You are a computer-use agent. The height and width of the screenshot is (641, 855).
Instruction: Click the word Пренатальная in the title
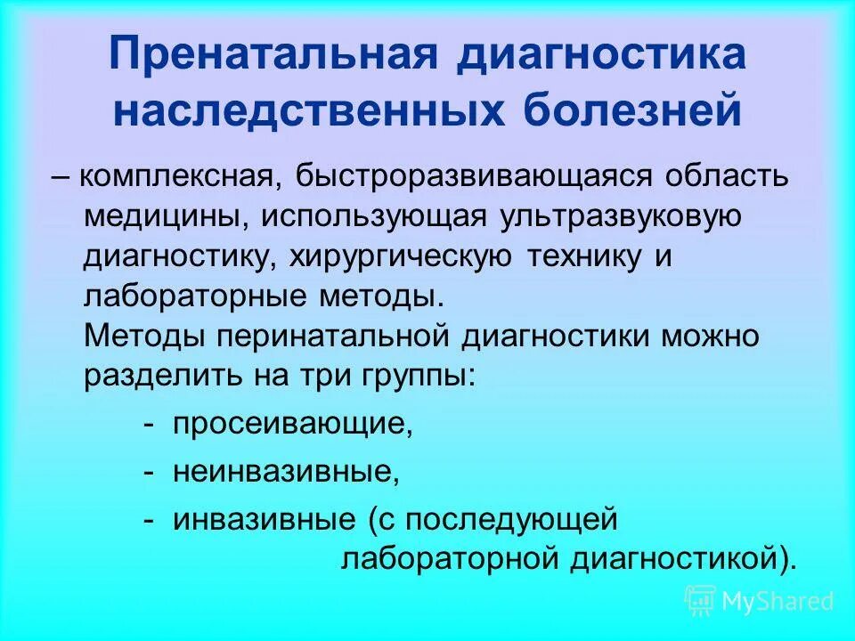point(273,55)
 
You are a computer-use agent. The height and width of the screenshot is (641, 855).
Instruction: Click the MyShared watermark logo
point(759,601)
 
